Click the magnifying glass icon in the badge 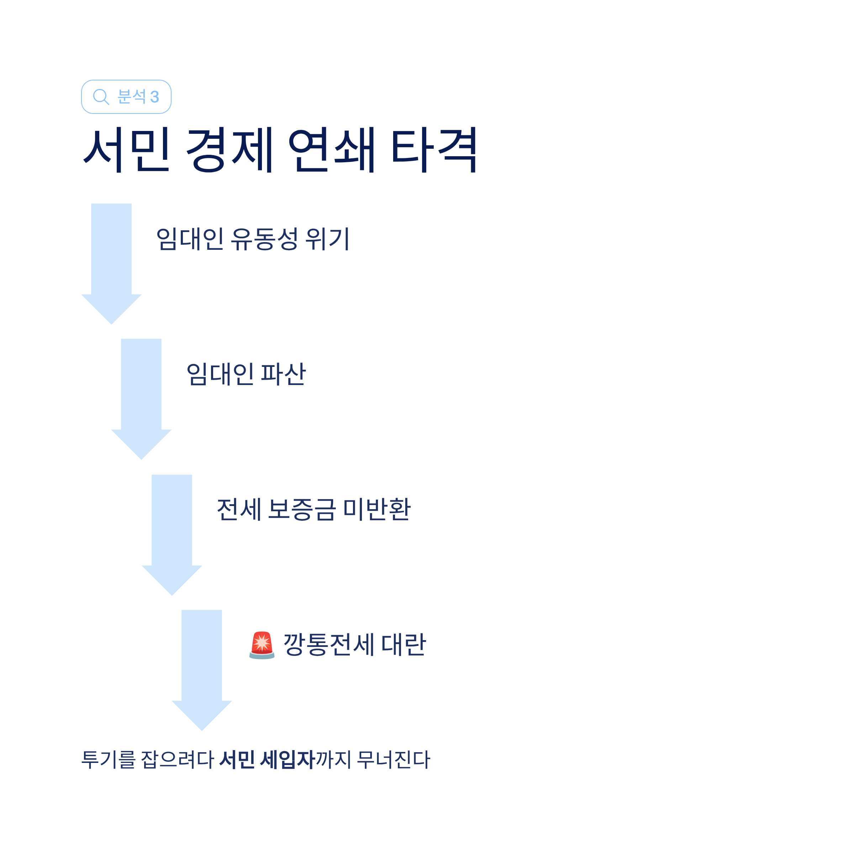[101, 96]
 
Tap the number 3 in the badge [154, 97]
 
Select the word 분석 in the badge [131, 96]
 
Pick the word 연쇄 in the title [332, 149]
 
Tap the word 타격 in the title [434, 149]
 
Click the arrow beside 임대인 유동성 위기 [111, 261]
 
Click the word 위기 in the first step [327, 239]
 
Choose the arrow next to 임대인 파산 [142, 396]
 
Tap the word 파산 [283, 374]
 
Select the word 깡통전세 [329, 644]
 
